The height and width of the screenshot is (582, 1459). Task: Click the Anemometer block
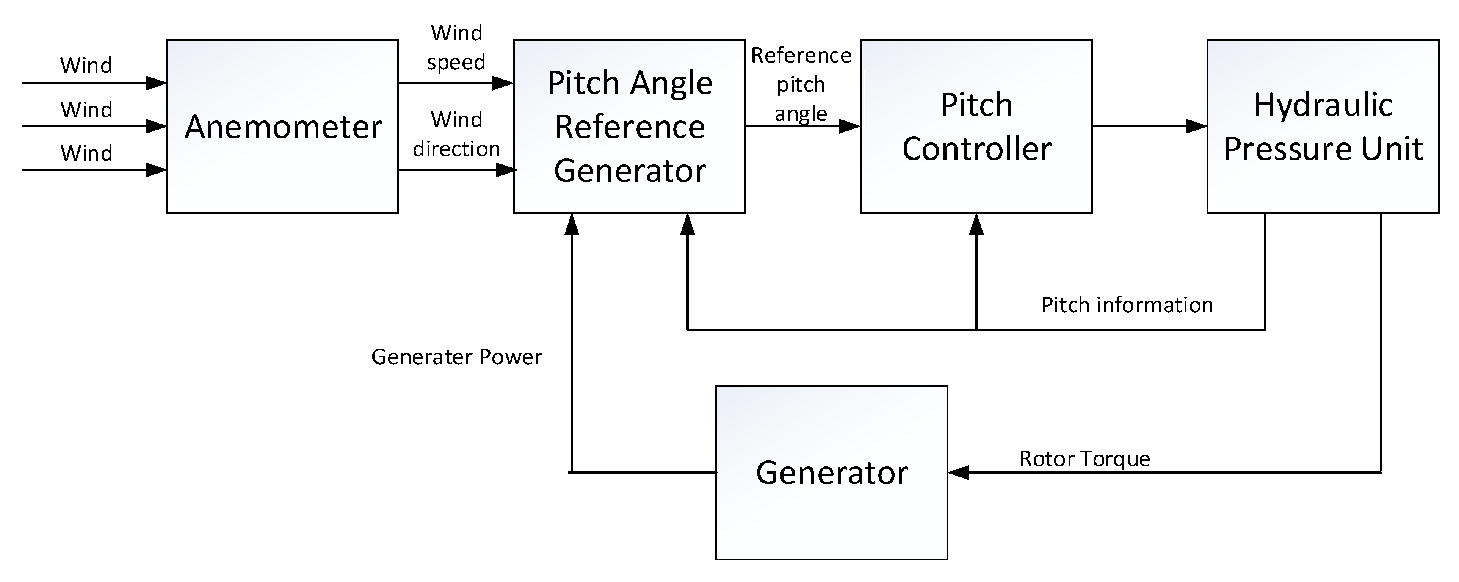(x=283, y=126)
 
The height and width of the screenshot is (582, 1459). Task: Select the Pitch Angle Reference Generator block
(x=629, y=126)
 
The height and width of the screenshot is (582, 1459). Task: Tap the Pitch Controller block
(x=976, y=126)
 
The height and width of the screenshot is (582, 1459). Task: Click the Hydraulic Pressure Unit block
(x=1323, y=126)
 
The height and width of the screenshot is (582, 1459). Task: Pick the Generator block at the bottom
(x=831, y=473)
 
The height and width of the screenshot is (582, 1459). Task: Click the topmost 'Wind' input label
(x=86, y=65)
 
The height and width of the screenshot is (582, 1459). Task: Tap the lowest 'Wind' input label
(x=86, y=153)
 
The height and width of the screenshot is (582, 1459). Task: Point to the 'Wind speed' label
(x=456, y=47)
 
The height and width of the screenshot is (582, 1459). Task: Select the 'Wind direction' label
(x=456, y=134)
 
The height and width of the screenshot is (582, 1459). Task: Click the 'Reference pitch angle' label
(x=801, y=84)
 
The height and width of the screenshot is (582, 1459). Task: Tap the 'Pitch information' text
(x=1127, y=305)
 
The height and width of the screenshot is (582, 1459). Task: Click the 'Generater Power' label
(x=456, y=357)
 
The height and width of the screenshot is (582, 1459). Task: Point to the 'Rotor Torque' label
(x=1084, y=458)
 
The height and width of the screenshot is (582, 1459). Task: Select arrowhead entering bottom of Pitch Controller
(x=976, y=224)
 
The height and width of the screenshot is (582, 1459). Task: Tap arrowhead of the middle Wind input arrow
(x=156, y=126)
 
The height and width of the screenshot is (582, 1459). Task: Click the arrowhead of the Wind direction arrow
(x=506, y=170)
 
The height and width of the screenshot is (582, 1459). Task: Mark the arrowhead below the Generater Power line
(x=573, y=224)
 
